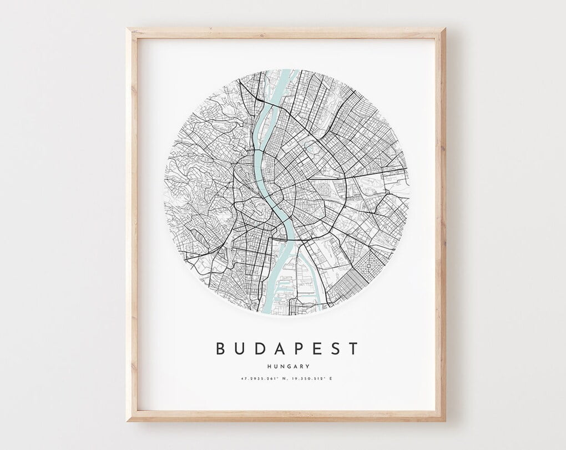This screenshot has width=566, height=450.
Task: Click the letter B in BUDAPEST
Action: point(221,349)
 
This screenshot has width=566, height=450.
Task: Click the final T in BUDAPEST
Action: point(353,349)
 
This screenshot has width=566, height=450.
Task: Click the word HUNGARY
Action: point(287,366)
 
